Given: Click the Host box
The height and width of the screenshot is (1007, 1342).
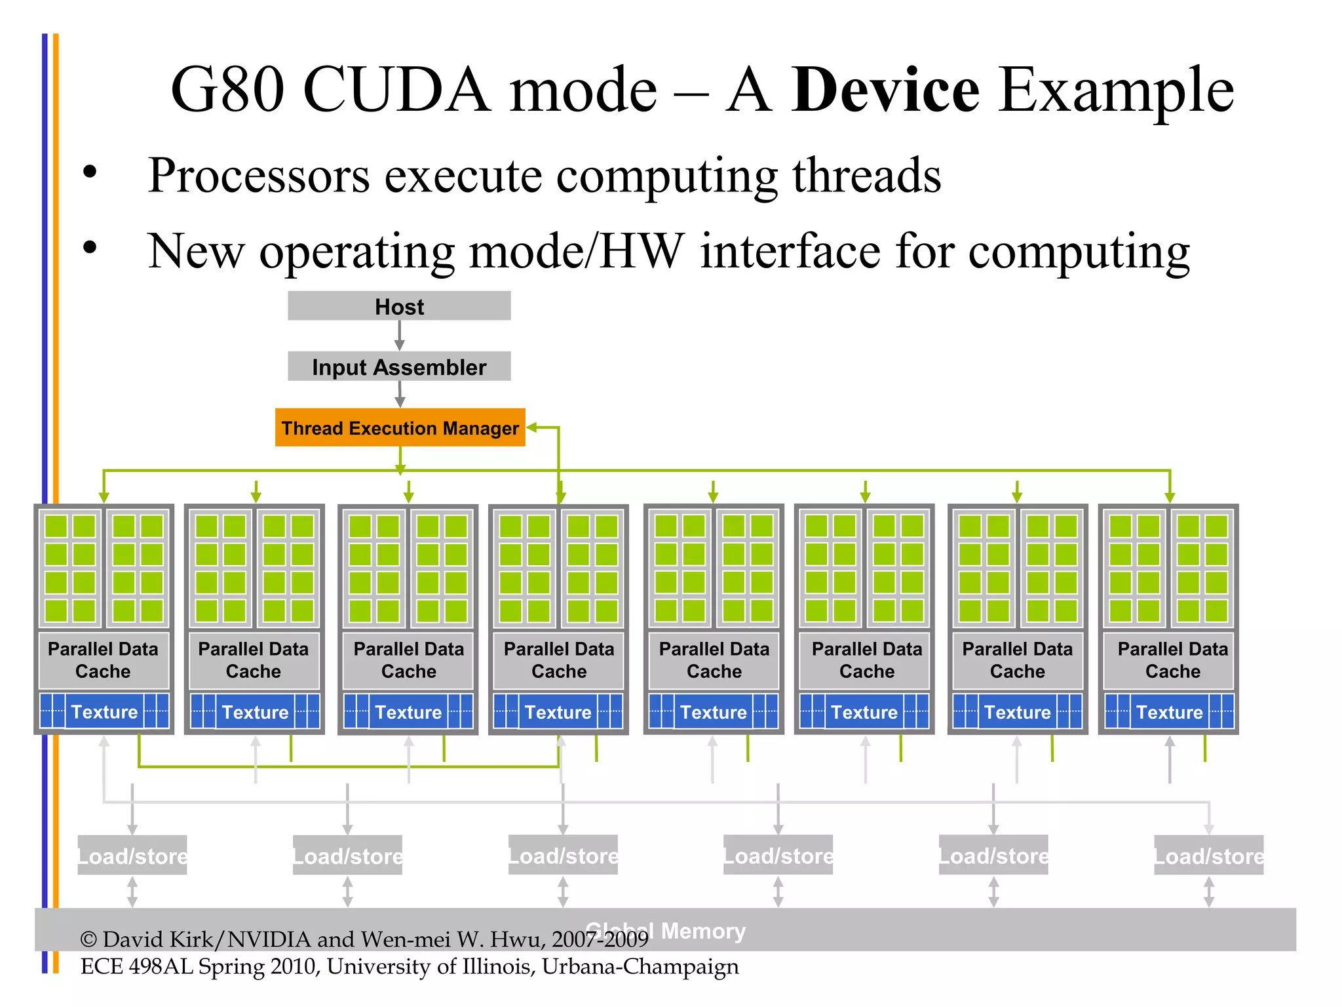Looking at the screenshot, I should pyautogui.click(x=399, y=306).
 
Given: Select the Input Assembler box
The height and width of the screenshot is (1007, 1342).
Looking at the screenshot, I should pyautogui.click(x=399, y=366).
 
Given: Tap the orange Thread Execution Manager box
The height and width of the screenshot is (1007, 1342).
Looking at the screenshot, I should pyautogui.click(x=400, y=427).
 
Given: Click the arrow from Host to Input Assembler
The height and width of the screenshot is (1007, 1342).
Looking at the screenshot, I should pyautogui.click(x=399, y=336).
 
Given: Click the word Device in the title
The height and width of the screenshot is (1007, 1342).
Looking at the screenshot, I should pyautogui.click(x=885, y=90).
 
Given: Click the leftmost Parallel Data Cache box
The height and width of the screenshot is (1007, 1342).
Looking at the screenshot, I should pyautogui.click(x=104, y=660).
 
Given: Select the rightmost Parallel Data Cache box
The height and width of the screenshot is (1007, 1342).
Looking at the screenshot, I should pyautogui.click(x=1172, y=660).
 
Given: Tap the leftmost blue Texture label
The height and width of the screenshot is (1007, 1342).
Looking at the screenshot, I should pyautogui.click(x=104, y=712).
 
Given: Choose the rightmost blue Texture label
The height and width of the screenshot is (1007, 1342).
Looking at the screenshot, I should pyautogui.click(x=1169, y=712).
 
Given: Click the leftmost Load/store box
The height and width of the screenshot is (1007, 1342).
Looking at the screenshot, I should pyautogui.click(x=132, y=855).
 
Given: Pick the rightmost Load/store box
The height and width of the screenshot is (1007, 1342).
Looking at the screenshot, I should pyautogui.click(x=1208, y=855).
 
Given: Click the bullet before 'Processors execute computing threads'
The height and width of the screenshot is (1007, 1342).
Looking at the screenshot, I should pyautogui.click(x=90, y=173).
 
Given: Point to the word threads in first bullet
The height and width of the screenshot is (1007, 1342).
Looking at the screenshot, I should pyautogui.click(x=866, y=176).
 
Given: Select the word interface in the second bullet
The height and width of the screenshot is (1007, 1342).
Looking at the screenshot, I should pyautogui.click(x=790, y=251).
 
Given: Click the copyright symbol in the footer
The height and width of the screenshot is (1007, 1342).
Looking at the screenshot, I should pyautogui.click(x=88, y=939).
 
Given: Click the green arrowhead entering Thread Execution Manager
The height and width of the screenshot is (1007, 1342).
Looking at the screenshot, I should pyautogui.click(x=532, y=427).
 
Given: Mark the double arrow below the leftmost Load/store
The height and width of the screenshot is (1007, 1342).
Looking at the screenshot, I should pyautogui.click(x=132, y=892).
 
